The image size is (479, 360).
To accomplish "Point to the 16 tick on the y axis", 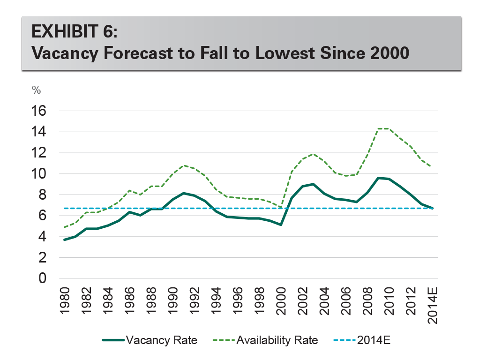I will coord(40,111).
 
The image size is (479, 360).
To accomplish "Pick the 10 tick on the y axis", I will coord(40,174).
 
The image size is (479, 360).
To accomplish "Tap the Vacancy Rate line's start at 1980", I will coord(64,240).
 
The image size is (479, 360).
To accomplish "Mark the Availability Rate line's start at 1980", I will coord(64,227).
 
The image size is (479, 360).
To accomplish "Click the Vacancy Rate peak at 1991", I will coord(183,193).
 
